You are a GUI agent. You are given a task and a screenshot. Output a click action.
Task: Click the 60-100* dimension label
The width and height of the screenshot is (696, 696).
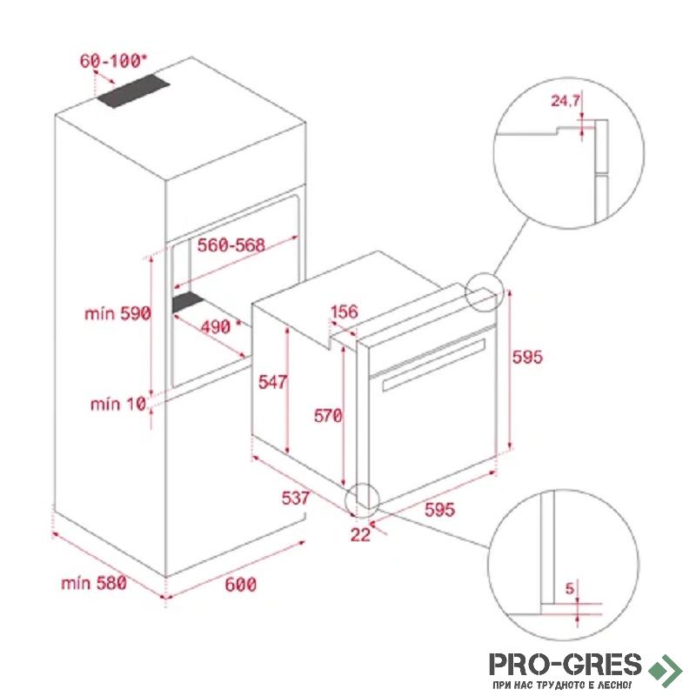click(113, 61)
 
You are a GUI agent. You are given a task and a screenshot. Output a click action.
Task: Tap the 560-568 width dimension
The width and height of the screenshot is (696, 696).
click(231, 245)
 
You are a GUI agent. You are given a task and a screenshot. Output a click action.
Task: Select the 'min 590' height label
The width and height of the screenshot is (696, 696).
click(117, 314)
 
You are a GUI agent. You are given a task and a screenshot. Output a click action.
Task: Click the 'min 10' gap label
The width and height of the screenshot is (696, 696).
click(118, 404)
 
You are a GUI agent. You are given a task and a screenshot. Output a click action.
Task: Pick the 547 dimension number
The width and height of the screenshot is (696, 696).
click(272, 382)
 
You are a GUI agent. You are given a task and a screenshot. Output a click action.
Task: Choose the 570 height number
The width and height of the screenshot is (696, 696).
click(328, 416)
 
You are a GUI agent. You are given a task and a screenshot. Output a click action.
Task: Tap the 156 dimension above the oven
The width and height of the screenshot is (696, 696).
click(344, 311)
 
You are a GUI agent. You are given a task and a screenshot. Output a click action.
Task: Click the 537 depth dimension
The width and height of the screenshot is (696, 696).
click(296, 498)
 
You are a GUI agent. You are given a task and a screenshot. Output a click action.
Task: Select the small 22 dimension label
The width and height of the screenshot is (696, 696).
click(360, 535)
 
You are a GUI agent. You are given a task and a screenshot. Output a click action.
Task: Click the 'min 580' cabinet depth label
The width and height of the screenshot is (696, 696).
click(94, 583)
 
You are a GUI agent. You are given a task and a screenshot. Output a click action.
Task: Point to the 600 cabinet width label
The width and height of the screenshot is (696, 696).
click(241, 584)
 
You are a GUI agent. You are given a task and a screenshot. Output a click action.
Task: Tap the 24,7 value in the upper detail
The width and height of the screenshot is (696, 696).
click(565, 101)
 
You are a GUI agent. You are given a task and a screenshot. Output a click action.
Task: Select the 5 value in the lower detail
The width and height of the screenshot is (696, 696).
click(570, 589)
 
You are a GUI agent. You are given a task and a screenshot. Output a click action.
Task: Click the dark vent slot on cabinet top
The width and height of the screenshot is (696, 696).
click(133, 90)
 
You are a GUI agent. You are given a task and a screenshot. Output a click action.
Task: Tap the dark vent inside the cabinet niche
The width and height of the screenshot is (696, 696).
click(188, 302)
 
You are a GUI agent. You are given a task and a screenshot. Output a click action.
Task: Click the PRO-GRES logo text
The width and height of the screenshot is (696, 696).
click(565, 665)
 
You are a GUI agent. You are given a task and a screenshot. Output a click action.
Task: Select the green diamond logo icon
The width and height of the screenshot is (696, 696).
click(665, 669)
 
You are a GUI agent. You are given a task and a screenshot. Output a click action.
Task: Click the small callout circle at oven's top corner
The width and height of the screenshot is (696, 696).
click(485, 292)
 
